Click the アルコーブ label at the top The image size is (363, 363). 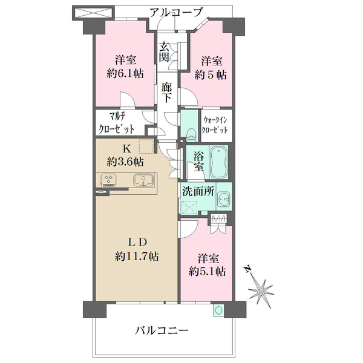click(x=177, y=12)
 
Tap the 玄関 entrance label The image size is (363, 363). click(x=165, y=52)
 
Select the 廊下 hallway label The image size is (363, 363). click(x=167, y=92)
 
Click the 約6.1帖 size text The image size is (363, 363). click(x=125, y=74)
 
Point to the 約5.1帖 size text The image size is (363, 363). click(x=207, y=271)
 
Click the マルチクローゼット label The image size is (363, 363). click(x=116, y=122)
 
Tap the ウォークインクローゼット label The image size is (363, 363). click(x=215, y=125)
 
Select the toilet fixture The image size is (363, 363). click(x=191, y=134)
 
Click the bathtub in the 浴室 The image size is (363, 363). click(x=219, y=162)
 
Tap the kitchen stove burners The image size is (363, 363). click(x=108, y=180)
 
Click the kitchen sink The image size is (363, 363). click(x=143, y=180)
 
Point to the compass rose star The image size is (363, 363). click(x=261, y=291)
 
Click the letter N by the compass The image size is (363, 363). click(x=248, y=269)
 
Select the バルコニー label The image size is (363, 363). click(x=162, y=330)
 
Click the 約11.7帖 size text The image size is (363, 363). click(x=137, y=257)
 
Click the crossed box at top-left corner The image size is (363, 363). click(x=93, y=12)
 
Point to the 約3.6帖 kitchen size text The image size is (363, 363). click(x=125, y=162)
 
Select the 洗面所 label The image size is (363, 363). click(x=198, y=191)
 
